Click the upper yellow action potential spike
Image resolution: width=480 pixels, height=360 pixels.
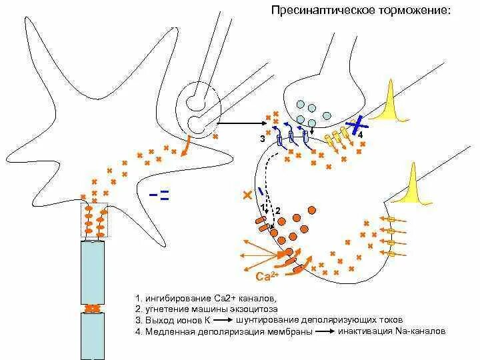point(389,100)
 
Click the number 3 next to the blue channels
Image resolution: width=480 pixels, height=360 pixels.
point(263,139)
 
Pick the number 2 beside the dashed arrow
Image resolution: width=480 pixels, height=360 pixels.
point(278,211)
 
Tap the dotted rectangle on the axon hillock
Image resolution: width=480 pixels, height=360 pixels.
point(94,220)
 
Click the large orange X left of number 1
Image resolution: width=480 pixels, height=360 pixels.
point(248,195)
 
